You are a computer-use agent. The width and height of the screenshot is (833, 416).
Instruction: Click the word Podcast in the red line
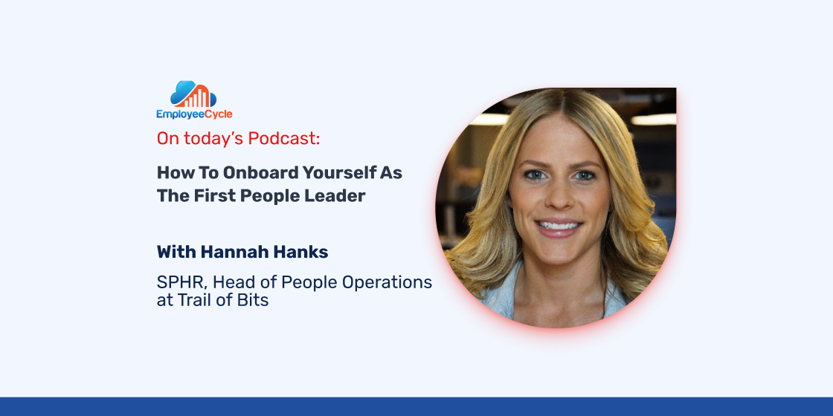point(282,138)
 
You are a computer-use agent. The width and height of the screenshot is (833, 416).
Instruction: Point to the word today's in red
point(211,138)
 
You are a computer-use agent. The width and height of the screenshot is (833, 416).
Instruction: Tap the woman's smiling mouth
point(559,227)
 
